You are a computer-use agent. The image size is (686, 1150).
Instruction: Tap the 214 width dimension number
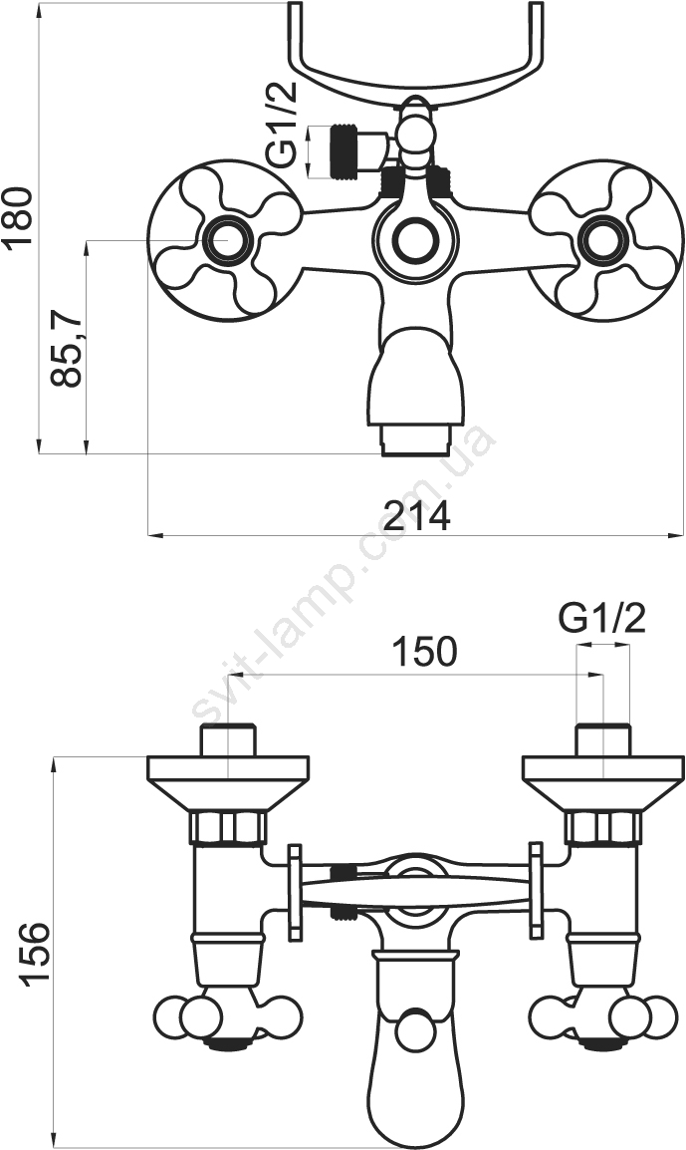point(418,516)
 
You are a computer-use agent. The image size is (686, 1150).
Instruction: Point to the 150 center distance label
point(424,651)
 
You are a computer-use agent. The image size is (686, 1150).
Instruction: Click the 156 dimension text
point(35,954)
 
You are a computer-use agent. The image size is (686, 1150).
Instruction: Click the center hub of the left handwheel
point(226,240)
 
